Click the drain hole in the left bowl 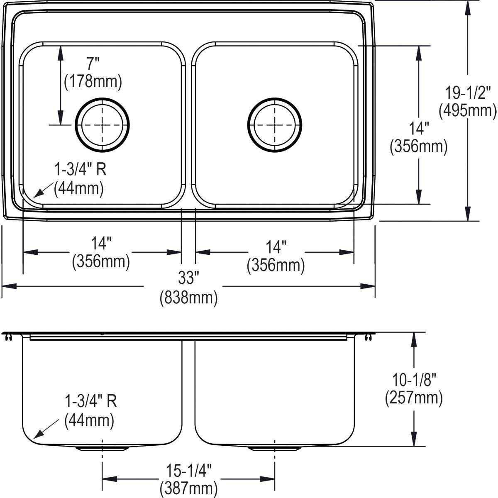coord(102,124)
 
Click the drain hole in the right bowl coord(275,124)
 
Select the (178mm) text coord(93,81)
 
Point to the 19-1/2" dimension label coord(468,92)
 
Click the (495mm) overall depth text coord(468,110)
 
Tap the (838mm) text coord(189,297)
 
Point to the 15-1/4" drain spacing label coord(189,471)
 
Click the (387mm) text coord(189,489)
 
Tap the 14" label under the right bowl coord(276,247)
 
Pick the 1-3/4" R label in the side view coord(90,402)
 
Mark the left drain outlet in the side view coord(102,449)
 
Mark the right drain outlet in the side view coord(275,449)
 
